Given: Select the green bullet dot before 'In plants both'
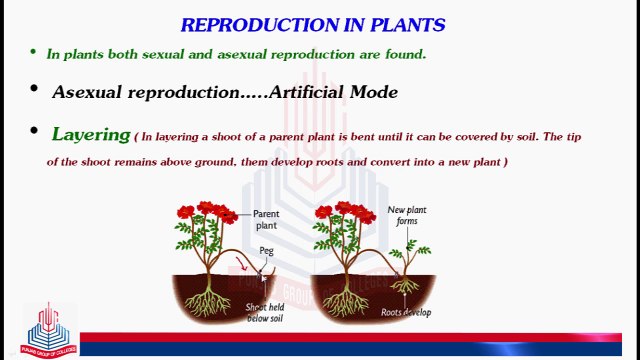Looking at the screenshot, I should coord(32,52).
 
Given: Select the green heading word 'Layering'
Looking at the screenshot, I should coord(91,133).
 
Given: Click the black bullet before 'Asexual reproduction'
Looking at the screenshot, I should coord(32,90).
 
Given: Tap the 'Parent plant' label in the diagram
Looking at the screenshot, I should coord(266,220).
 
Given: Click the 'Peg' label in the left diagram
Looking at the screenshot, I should coord(266,251).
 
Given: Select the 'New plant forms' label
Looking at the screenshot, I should coord(406,217).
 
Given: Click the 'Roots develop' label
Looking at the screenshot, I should coord(406,312).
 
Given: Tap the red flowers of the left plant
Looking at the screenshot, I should coord(205,212).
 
